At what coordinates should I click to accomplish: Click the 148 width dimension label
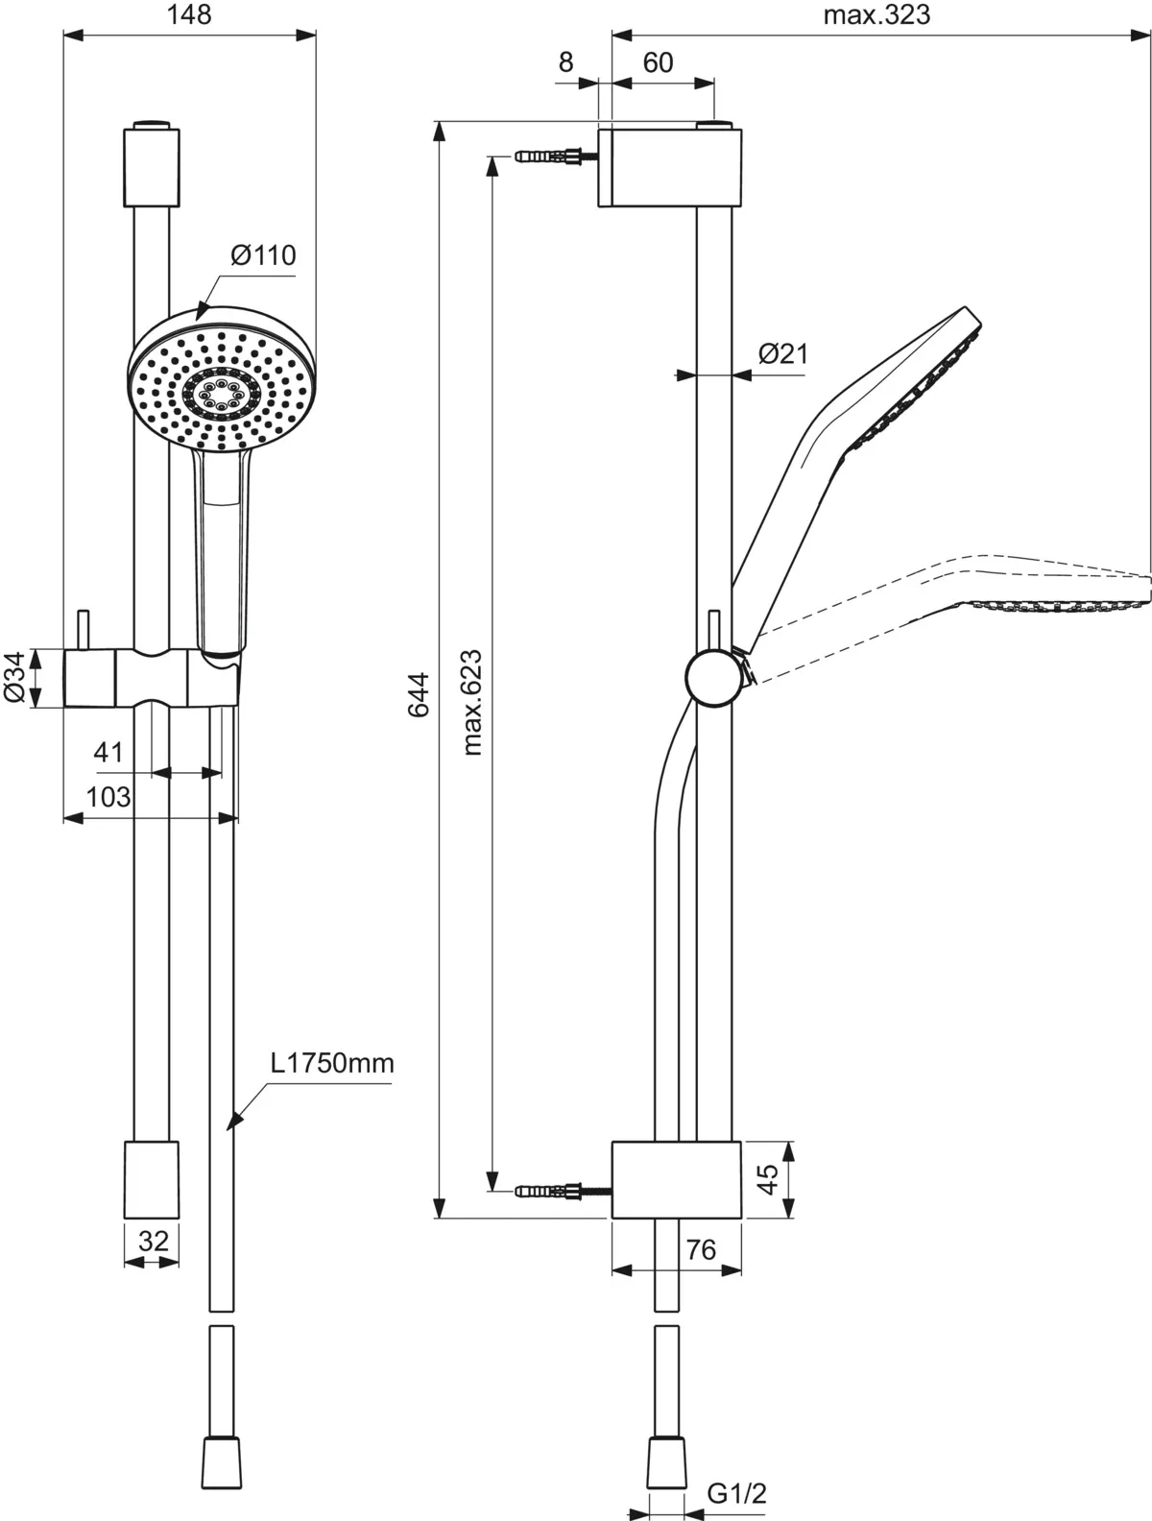188,15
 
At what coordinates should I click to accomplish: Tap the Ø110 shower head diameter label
263,255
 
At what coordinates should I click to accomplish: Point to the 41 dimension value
108,752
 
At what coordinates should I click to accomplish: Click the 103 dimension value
108,797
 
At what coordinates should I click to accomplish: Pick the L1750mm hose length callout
331,1064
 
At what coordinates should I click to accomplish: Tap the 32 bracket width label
153,1241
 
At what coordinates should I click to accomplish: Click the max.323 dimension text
876,15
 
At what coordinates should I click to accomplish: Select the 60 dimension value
658,62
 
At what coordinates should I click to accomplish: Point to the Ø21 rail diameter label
783,354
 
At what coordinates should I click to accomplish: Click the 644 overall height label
419,694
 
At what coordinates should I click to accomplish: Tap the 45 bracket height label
767,1180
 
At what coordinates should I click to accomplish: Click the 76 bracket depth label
702,1249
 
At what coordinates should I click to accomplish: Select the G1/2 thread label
737,1494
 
